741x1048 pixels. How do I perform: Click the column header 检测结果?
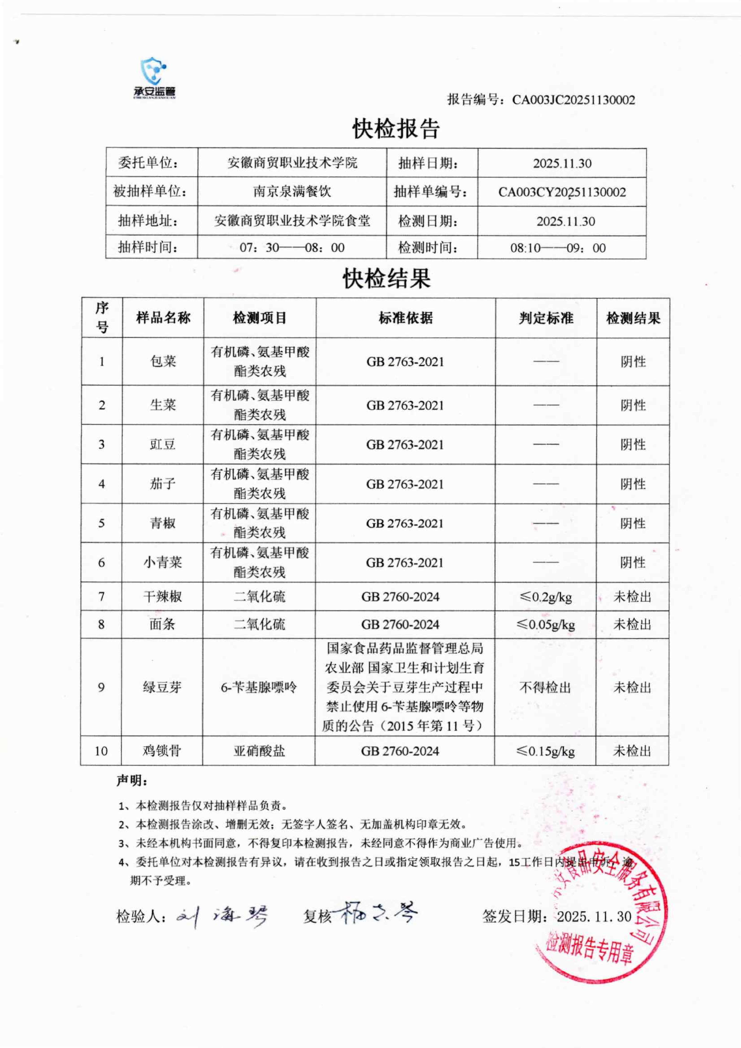tap(633, 318)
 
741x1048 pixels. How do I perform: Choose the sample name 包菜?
tap(163, 362)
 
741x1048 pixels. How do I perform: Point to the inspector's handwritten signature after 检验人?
tap(221, 915)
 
